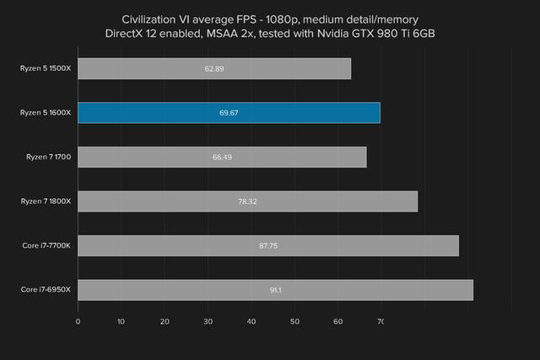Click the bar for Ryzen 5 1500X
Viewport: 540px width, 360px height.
click(214, 68)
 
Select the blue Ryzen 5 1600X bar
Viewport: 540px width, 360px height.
click(229, 112)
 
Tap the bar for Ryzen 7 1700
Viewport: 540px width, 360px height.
click(222, 157)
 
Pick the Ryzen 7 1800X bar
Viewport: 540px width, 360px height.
click(247, 201)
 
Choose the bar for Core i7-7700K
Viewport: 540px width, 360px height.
click(268, 245)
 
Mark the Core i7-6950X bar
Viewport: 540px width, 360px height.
click(275, 290)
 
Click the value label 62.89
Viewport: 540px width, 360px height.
click(214, 68)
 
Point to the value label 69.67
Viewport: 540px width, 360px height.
click(229, 113)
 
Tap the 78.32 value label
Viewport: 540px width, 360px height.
click(247, 201)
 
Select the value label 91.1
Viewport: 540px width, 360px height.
click(275, 290)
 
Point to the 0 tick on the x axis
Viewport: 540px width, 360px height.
click(78, 320)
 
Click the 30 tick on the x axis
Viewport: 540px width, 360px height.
click(208, 320)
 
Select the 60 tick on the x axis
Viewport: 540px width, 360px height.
click(337, 320)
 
